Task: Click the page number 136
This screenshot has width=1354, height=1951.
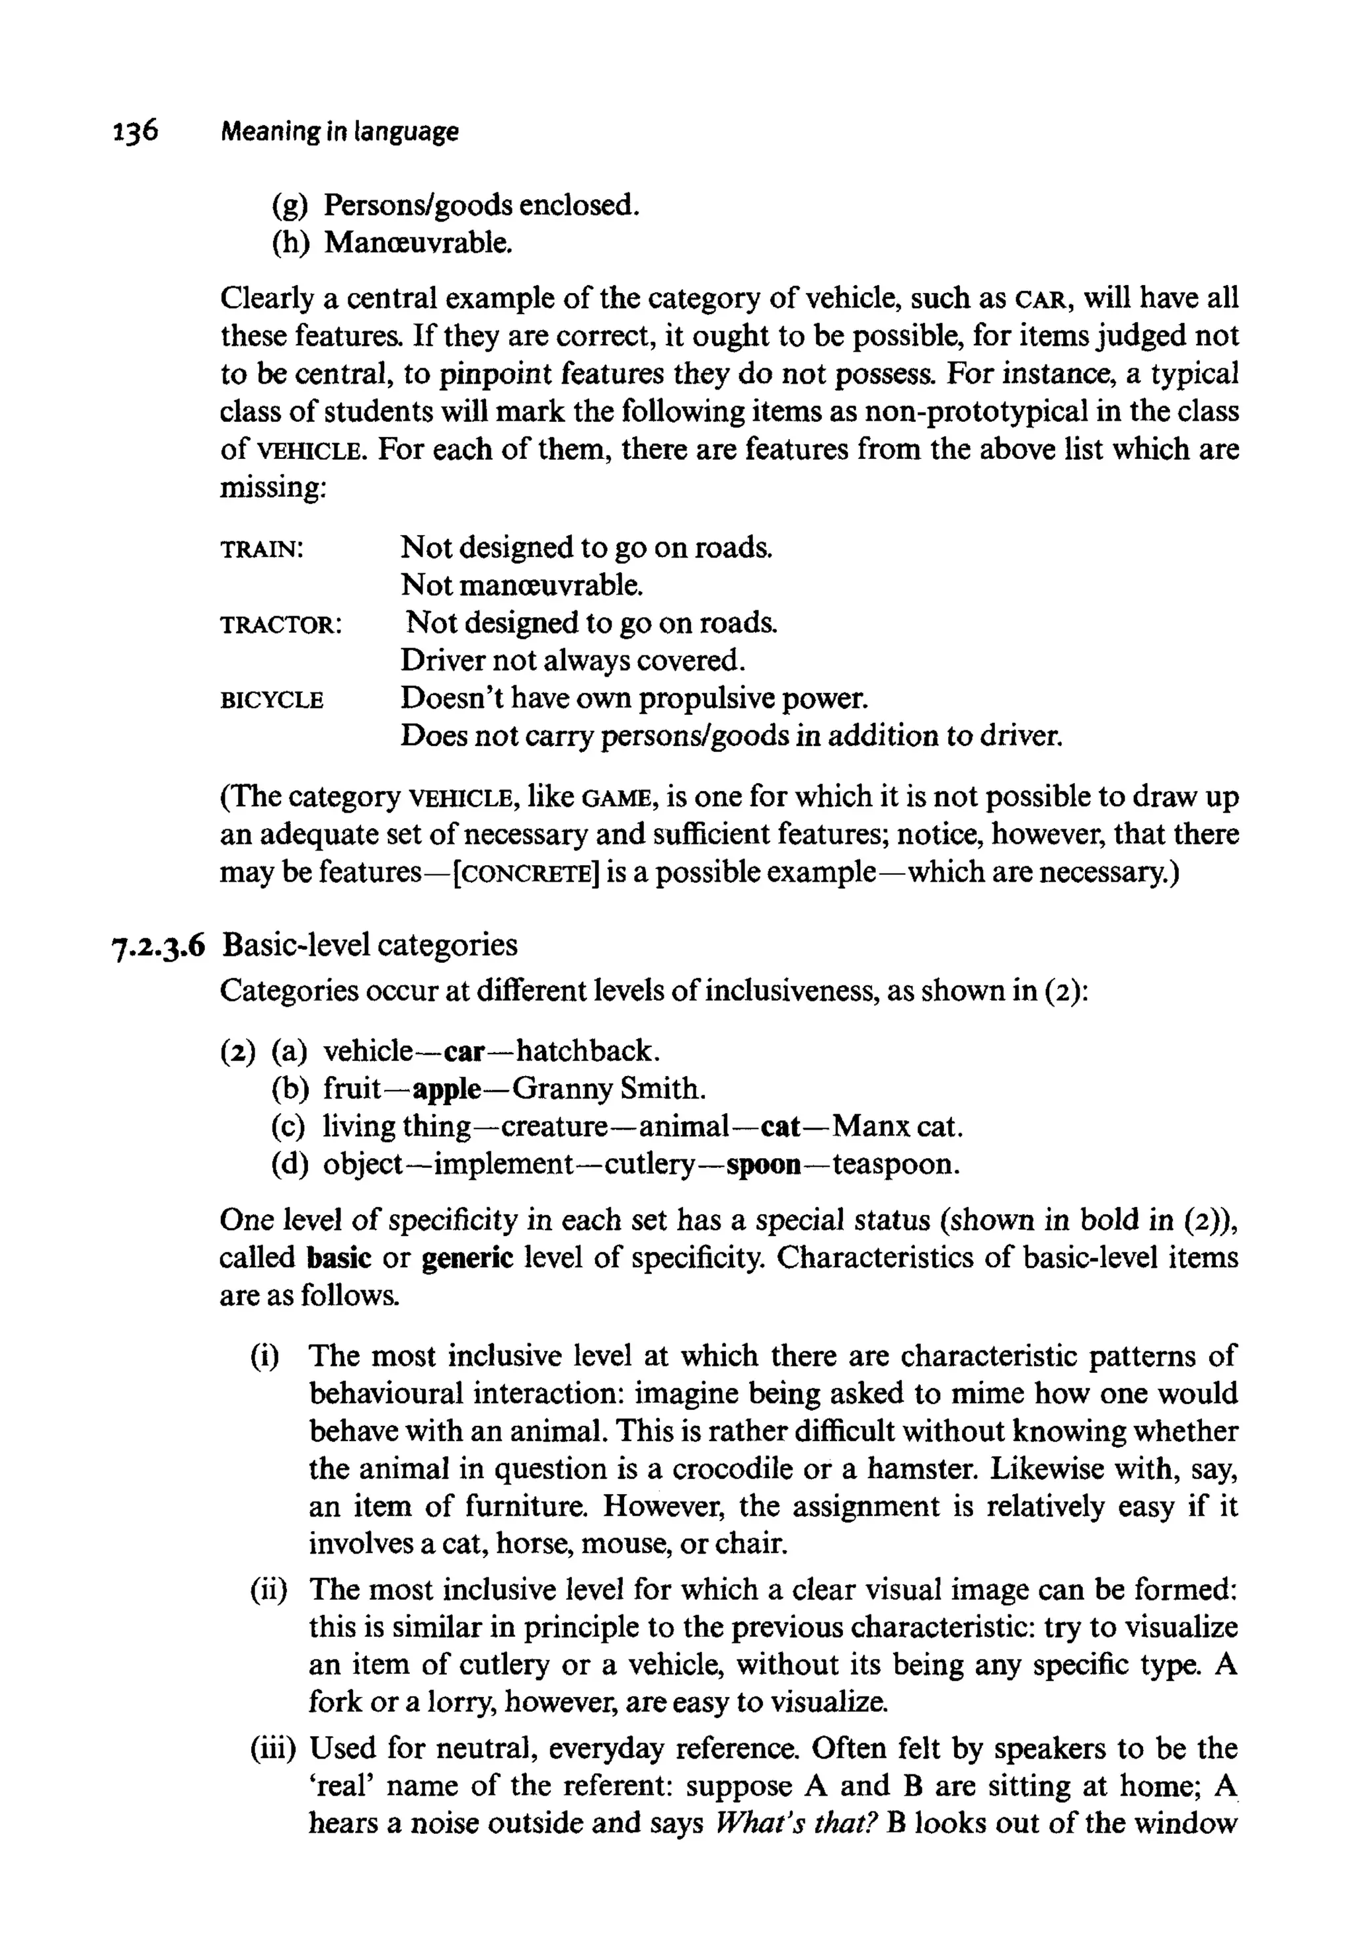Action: pos(135,132)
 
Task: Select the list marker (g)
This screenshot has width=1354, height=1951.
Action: pos(288,206)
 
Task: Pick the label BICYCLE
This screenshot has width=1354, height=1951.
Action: pos(272,701)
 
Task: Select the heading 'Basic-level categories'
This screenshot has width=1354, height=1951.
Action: pos(370,944)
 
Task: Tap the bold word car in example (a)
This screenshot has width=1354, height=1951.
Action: pos(464,1052)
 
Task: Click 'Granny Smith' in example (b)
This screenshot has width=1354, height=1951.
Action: pos(608,1089)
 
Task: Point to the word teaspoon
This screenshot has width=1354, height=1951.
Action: pos(895,1165)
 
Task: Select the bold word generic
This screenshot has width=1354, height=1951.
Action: pos(467,1258)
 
